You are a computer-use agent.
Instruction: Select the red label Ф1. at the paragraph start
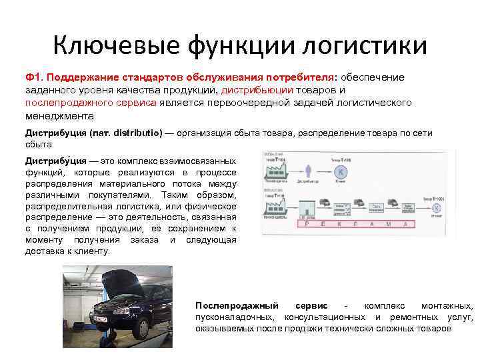tap(35, 78)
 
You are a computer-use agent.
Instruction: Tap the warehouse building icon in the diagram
tap(307, 207)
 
